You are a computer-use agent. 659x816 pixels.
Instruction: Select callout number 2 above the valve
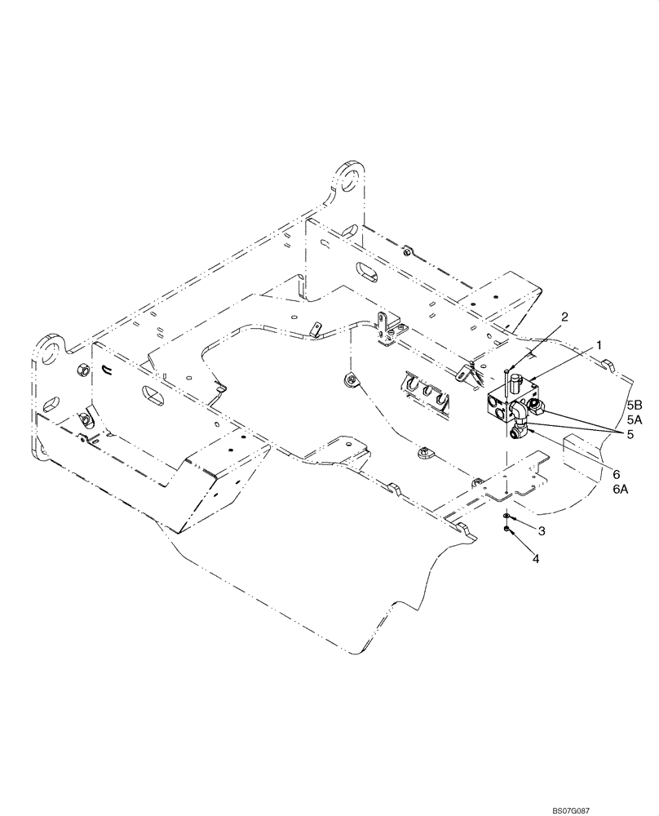564,316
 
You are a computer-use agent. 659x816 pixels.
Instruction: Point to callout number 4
535,558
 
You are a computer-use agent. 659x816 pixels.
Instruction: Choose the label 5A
635,419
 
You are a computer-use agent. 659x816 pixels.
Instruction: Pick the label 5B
635,405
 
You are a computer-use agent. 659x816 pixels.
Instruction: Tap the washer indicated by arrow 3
507,517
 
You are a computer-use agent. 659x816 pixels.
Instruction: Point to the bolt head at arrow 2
508,375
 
